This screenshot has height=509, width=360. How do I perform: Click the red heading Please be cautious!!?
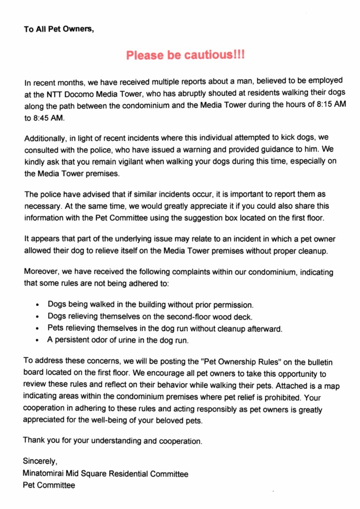coord(185,55)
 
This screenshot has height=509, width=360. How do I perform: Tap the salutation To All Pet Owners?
coord(59,29)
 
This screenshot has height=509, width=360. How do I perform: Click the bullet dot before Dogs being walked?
coord(38,305)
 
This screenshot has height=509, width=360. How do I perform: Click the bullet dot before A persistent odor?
coord(38,341)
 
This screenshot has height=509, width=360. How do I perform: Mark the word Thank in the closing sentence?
coord(34,440)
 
